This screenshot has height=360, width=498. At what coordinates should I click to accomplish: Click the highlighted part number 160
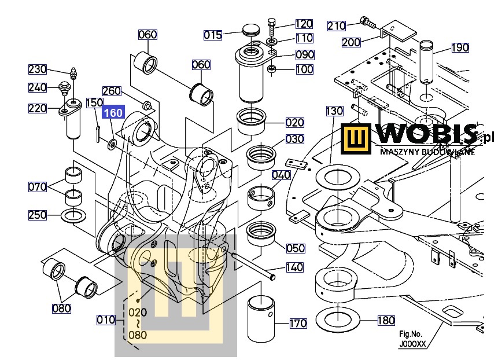113,113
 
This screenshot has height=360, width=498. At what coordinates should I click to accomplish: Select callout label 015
212,35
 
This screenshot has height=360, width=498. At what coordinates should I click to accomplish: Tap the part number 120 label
304,24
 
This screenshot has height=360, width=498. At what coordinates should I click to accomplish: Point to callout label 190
460,47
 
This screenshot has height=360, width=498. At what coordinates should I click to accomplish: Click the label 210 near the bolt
337,26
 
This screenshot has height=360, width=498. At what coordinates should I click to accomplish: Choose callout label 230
38,69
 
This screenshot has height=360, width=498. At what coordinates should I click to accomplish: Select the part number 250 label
38,215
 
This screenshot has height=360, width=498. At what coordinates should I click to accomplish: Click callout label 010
106,319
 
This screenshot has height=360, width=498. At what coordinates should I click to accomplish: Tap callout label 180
386,320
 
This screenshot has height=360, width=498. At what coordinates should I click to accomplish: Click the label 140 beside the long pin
294,267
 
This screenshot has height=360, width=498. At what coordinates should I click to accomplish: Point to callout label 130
334,111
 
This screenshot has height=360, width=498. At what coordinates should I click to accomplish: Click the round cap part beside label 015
250,30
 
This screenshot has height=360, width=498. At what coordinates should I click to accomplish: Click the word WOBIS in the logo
428,135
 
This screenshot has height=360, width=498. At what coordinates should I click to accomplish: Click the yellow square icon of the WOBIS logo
355,139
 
